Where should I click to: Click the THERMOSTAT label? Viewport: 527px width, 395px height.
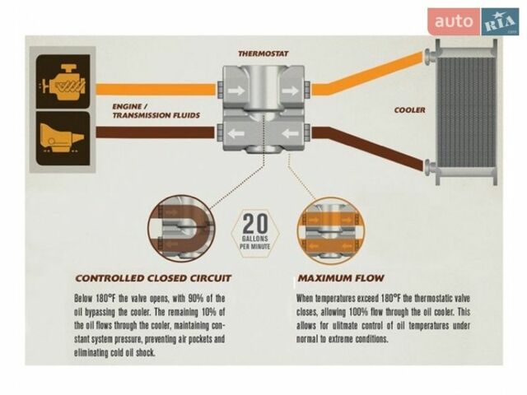point(263,53)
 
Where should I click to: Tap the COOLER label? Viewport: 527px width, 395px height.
point(410,110)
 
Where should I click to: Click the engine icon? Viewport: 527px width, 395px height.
point(63,81)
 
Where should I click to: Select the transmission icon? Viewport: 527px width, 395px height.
point(63,139)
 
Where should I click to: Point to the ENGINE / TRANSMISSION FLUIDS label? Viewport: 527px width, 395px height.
point(156,111)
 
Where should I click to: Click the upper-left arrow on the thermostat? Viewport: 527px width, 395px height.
point(236,91)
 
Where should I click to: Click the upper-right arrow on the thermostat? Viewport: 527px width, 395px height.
point(290,91)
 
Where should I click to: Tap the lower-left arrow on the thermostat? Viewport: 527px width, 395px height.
point(236,134)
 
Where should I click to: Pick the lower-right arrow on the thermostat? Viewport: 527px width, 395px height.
point(290,134)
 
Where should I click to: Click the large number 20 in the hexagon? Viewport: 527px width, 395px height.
point(255,224)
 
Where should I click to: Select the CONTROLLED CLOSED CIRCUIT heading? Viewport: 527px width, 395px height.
point(153,278)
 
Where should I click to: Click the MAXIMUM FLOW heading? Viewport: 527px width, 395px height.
point(341,278)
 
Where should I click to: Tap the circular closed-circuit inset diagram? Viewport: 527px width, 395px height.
point(182,229)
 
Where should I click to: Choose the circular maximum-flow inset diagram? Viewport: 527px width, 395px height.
point(331,231)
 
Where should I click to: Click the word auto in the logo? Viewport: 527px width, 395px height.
point(454,21)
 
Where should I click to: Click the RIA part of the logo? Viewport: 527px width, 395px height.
point(500,22)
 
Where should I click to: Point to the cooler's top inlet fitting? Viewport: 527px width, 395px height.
point(430,56)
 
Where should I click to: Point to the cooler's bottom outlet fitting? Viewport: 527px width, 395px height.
point(430,166)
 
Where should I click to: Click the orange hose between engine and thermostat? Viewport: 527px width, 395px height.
point(156,90)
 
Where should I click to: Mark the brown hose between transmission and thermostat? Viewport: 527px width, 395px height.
point(155,132)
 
